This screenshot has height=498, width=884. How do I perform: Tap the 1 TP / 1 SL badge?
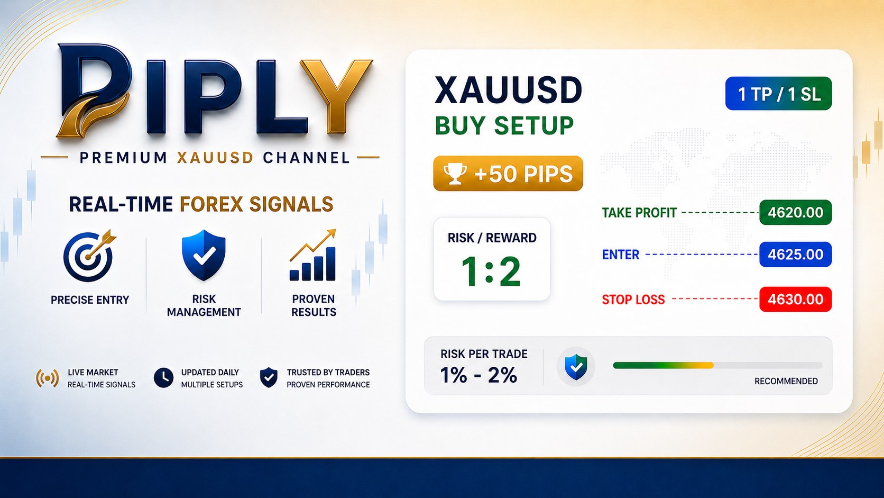pos(778,94)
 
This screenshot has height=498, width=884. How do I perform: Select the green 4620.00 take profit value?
pos(795,212)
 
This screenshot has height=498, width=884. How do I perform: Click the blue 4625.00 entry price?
pos(795,255)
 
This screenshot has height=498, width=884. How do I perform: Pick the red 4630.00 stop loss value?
pos(795,300)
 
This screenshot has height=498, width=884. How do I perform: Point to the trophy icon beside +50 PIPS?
pos(455,174)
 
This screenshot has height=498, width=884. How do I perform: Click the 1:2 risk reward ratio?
pos(491,271)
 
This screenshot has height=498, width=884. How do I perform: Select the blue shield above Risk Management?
pos(204,255)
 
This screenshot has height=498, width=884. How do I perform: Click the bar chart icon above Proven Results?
pos(312,255)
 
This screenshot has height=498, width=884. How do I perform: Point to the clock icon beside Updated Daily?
pos(163,378)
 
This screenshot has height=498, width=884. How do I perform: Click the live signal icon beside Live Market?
pos(48,378)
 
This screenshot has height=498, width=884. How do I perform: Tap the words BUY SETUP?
pos(504,125)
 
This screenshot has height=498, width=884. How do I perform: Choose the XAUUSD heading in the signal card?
pos(508,90)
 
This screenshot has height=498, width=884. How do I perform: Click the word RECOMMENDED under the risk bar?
pos(786,381)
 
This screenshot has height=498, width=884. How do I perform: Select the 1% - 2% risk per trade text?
pos(478,375)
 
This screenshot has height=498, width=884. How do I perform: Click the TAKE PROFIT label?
pos(639,213)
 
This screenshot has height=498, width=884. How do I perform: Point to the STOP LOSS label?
pos(633,300)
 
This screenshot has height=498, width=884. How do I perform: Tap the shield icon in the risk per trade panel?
pos(576,367)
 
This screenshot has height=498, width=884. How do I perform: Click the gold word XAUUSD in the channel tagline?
pos(215,158)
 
